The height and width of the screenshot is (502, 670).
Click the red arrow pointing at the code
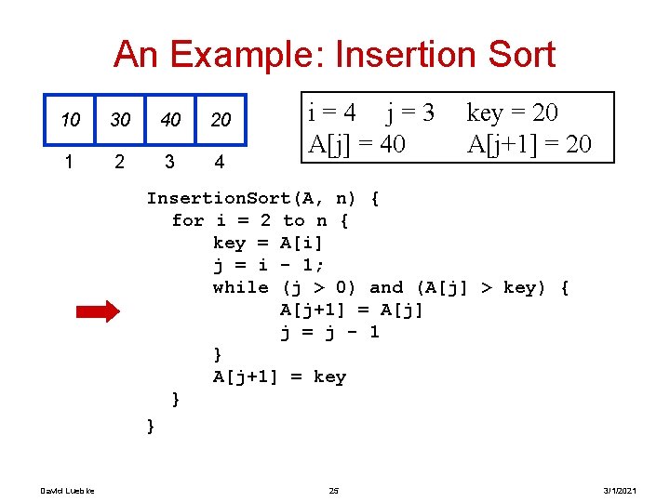[x=97, y=311]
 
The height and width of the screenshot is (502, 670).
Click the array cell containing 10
[x=71, y=120]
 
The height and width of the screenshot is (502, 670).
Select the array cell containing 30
[x=120, y=120]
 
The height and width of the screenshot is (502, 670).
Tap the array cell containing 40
[x=170, y=120]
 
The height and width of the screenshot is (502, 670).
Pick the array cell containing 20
[x=221, y=120]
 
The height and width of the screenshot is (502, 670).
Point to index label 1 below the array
[x=69, y=162]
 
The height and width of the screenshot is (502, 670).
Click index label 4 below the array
[x=219, y=163]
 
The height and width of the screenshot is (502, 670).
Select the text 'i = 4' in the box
[x=332, y=113]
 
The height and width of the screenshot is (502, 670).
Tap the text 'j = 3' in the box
[x=410, y=113]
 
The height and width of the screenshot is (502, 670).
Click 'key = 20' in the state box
[x=512, y=113]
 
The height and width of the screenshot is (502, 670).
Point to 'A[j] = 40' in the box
[x=357, y=144]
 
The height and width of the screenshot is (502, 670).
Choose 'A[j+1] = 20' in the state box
[x=529, y=144]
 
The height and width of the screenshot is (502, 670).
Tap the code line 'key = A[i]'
[x=268, y=243]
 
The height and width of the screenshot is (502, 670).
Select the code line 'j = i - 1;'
[x=269, y=265]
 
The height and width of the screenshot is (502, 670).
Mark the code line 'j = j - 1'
[x=329, y=332]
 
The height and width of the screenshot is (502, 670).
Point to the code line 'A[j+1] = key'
[x=279, y=376]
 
